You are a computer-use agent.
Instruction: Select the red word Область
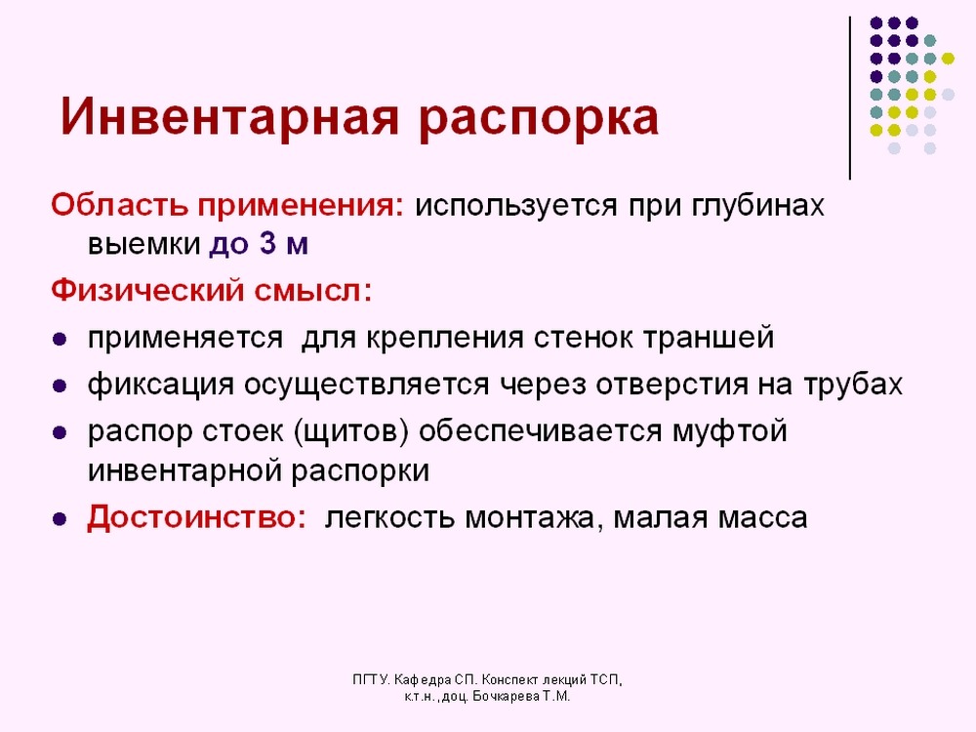click(x=119, y=204)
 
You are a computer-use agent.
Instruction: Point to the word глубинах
click(x=757, y=207)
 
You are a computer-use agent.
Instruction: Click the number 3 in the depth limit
click(x=267, y=243)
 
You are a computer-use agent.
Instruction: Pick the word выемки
click(x=143, y=244)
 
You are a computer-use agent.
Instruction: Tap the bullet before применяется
click(x=60, y=340)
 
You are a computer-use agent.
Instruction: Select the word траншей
click(x=709, y=338)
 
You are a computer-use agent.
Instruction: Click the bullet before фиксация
click(x=60, y=386)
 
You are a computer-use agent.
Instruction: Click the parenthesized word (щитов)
click(x=351, y=432)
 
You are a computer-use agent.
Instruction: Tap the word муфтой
click(x=729, y=432)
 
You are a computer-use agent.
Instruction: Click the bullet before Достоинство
click(x=60, y=519)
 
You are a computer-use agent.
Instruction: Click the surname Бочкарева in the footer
click(x=506, y=697)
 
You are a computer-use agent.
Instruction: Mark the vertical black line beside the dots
click(x=850, y=99)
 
